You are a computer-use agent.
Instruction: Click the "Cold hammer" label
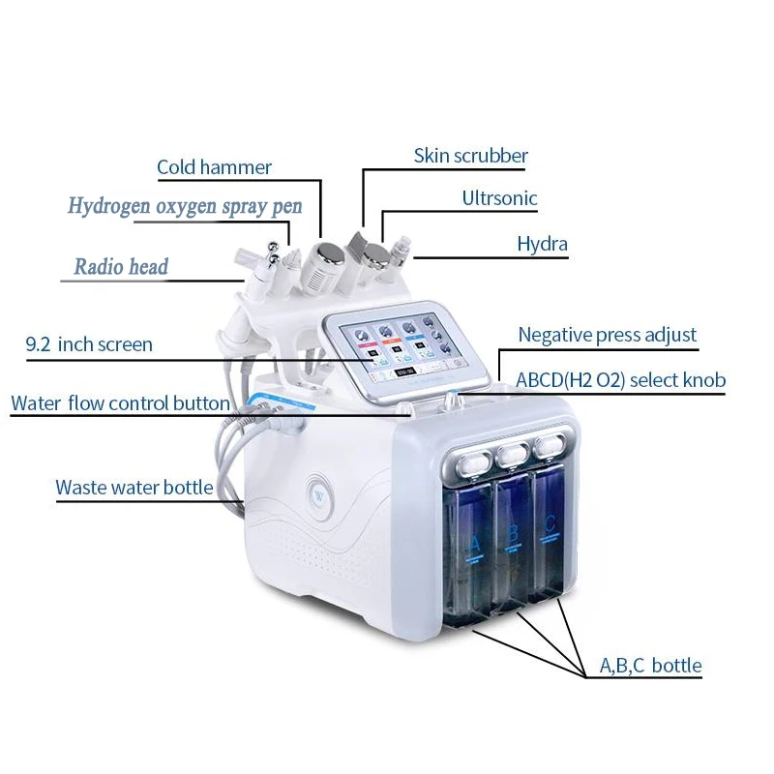pos(214,167)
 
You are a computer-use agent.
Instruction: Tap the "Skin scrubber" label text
pos(471,156)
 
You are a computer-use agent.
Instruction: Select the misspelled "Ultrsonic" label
pos(499,198)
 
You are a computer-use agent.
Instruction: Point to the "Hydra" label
pos(543,244)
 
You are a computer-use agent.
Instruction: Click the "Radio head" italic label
pos(122,267)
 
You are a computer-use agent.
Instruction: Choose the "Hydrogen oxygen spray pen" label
pos(185,206)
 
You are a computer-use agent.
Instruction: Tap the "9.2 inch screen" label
pos(89,344)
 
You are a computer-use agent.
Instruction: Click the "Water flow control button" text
pos(120,403)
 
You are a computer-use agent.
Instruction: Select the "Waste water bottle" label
pos(134,488)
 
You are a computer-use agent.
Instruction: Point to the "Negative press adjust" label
pos(608,335)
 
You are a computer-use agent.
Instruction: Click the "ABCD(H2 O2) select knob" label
pos(620,380)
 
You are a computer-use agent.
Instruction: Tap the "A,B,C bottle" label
pos(650,666)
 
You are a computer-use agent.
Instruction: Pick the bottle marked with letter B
pos(513,542)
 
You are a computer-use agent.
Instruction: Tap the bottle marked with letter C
pos(547,533)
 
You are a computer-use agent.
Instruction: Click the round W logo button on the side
pos(319,496)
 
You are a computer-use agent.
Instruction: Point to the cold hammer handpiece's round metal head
pos(330,254)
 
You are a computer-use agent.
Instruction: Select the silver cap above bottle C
pos(548,446)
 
